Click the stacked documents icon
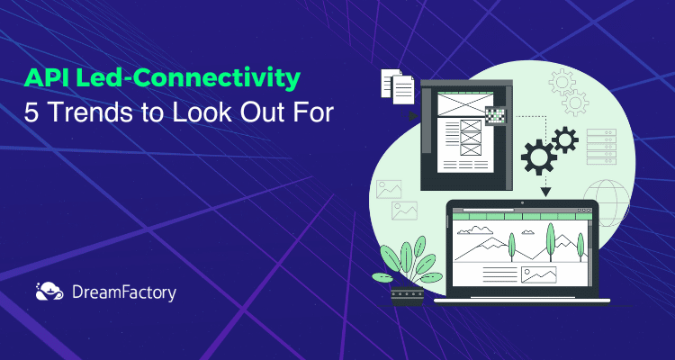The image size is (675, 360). tap(397, 86)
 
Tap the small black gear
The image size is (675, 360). tap(564, 138)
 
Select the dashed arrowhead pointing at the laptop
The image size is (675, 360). tap(544, 191)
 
